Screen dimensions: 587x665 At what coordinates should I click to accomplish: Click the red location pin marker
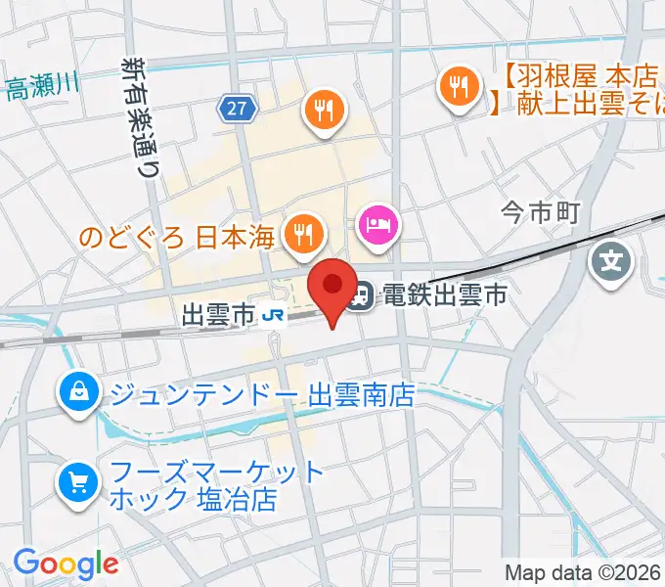332,285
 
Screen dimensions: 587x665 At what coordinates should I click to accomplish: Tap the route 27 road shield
239,110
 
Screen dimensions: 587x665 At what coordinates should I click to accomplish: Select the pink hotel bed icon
379,225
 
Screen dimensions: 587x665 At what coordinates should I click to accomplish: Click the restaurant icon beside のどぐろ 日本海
303,232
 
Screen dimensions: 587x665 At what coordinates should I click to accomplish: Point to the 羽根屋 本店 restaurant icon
457,86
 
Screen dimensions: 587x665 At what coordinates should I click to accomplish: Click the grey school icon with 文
612,261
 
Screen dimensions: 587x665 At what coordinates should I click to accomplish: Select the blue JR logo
275,314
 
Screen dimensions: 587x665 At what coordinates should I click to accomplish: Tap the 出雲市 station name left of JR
219,314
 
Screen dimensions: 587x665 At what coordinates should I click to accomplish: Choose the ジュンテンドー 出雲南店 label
262,395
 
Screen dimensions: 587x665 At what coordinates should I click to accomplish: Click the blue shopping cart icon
77,482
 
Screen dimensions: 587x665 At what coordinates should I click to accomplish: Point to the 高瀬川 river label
40,89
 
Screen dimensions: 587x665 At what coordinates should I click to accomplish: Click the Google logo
66,563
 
